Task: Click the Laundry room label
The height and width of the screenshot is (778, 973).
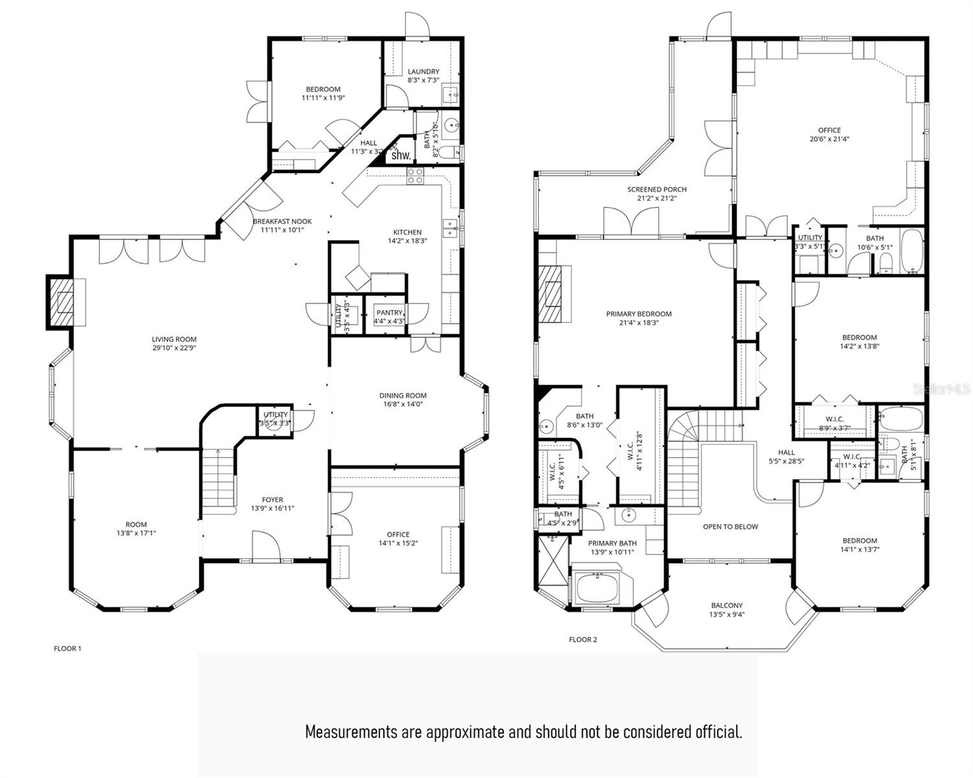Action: point(423,71)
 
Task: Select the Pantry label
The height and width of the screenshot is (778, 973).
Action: point(389,312)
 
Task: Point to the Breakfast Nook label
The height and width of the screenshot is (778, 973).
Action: point(282,221)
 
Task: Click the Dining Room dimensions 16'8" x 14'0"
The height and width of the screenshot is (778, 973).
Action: point(403,404)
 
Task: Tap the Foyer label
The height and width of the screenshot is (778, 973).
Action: point(272,500)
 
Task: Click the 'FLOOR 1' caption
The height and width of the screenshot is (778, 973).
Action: point(67,648)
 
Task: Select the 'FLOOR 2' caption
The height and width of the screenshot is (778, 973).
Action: point(583,639)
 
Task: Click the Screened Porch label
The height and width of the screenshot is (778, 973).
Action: point(656,189)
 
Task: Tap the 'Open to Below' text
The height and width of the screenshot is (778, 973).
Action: point(730,526)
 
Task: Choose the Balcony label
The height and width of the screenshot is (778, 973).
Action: point(727,606)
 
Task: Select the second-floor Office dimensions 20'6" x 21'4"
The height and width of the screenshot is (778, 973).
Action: point(829,139)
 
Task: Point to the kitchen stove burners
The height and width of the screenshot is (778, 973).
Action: point(415,175)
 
